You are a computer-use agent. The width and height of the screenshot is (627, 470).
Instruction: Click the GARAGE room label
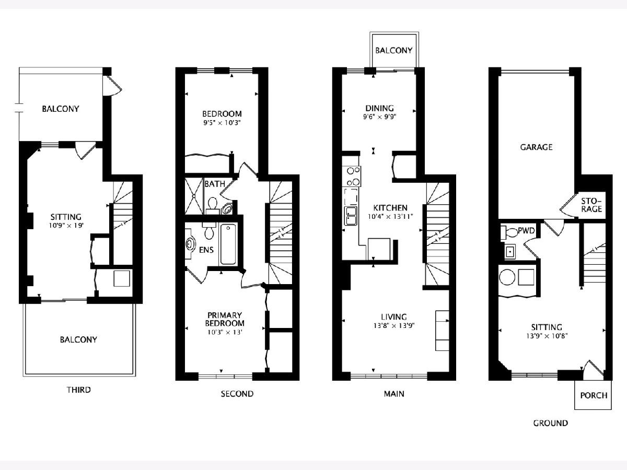click(536, 147)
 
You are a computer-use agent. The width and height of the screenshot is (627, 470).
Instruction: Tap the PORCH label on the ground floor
click(594, 395)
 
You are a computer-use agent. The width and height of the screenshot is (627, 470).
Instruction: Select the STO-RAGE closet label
click(591, 205)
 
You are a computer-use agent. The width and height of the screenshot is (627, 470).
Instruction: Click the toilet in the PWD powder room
click(509, 232)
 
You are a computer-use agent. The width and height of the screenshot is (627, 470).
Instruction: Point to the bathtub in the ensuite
click(228, 244)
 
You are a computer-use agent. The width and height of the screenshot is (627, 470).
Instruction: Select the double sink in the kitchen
click(351, 216)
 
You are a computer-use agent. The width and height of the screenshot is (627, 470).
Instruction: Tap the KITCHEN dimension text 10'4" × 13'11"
click(390, 217)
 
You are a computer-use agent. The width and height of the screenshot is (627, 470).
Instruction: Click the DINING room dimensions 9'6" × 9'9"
click(380, 116)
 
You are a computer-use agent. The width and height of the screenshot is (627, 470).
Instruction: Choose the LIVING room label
click(394, 317)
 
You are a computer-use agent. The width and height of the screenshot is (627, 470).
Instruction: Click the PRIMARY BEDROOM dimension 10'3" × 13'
click(225, 332)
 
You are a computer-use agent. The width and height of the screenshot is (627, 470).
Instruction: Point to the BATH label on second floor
click(215, 184)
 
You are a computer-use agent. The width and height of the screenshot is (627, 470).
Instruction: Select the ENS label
click(206, 250)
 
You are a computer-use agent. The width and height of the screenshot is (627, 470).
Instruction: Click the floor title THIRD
click(79, 390)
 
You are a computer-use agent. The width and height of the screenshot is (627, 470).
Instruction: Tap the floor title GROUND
click(550, 423)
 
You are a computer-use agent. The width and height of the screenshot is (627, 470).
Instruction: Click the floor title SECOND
click(237, 394)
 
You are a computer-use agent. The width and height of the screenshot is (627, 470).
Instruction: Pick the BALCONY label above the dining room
click(394, 51)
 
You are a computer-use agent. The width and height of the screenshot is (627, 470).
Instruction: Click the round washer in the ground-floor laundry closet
click(507, 277)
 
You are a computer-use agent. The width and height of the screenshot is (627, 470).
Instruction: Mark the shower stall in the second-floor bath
click(194, 196)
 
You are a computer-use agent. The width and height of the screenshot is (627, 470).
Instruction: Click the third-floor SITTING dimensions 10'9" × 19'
click(66, 226)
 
